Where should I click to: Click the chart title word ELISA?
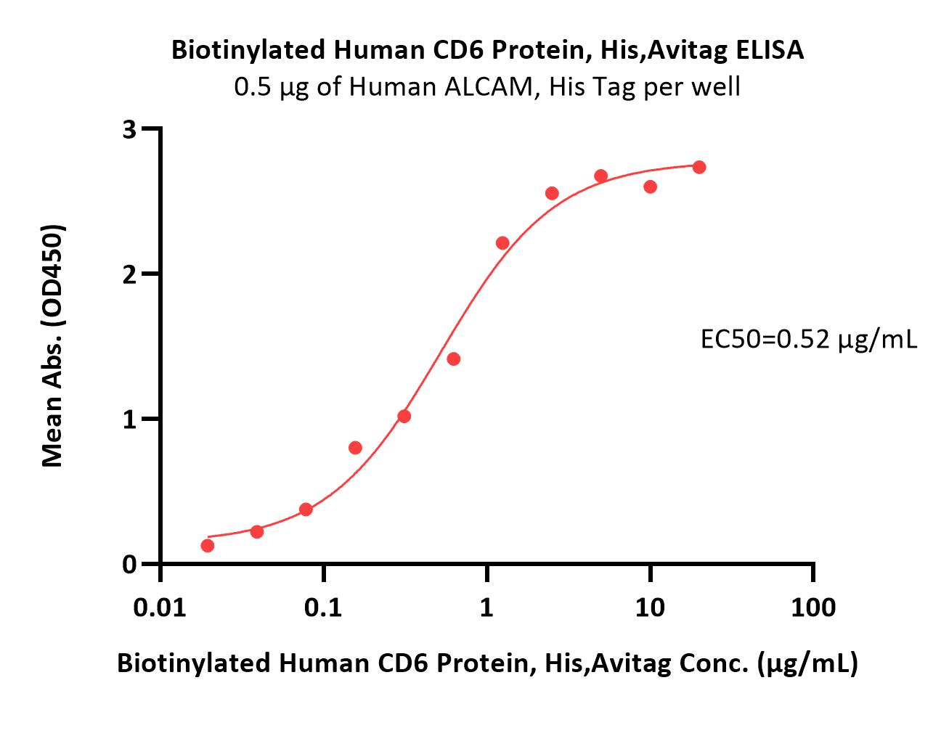click(769, 50)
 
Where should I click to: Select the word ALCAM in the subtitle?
click(489, 87)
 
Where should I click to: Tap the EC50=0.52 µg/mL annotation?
click(809, 340)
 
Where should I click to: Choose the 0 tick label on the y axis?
click(129, 564)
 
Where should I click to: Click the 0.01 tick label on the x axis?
click(160, 607)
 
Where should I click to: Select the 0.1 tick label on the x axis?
click(323, 607)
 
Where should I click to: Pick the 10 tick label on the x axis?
click(650, 607)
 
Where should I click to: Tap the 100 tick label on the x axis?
click(813, 607)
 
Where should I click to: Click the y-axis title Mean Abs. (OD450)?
click(52, 346)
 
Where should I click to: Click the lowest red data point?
click(207, 546)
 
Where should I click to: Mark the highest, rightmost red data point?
click(699, 167)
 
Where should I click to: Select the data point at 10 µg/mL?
click(650, 187)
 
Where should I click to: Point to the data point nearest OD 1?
click(404, 416)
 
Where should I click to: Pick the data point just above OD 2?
click(502, 243)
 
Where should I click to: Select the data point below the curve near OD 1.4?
click(453, 359)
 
